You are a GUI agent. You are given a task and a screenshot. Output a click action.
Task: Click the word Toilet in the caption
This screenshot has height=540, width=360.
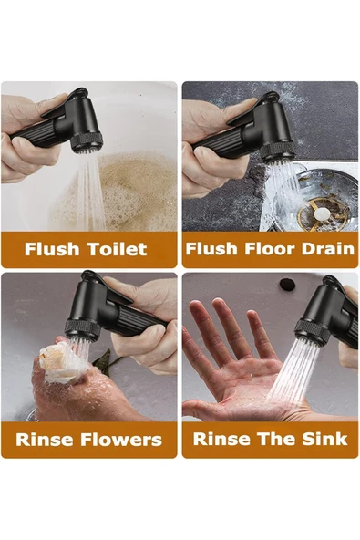tap(117, 249)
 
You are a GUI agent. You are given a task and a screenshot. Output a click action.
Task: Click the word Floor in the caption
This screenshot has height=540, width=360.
tap(268, 249)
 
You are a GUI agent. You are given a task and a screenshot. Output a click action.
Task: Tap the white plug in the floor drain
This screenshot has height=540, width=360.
tap(321, 213)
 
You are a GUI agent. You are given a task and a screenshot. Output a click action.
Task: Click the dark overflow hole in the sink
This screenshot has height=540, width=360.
tap(287, 284)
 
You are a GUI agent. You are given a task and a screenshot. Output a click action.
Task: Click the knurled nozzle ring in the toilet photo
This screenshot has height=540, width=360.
tap(87, 141)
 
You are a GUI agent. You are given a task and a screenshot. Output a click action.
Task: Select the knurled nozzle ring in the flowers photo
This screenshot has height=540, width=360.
tap(83, 329)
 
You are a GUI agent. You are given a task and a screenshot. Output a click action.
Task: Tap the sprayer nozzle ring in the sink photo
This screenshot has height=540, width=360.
tap(312, 332)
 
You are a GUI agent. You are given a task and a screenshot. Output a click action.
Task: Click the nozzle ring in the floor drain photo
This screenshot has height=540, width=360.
tap(277, 152)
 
